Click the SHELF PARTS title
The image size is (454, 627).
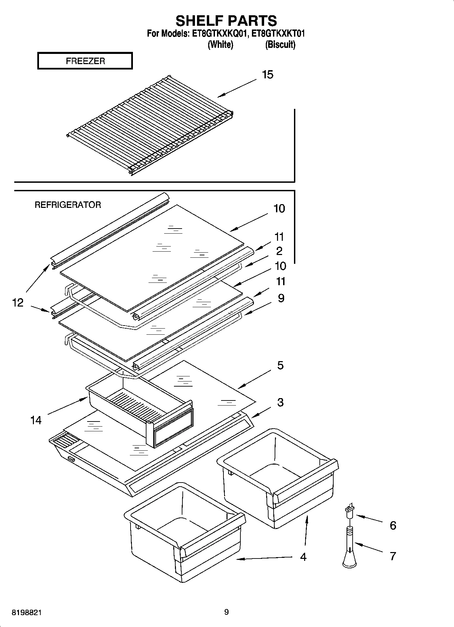pos(226,21)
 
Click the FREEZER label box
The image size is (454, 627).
pos(85,61)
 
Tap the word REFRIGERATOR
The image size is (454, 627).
pos(68,205)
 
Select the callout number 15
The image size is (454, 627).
pos(268,75)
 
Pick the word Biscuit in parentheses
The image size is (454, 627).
pos(280,44)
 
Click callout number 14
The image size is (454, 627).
pos(36,420)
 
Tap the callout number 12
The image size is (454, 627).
pos(18,302)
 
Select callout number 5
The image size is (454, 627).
pos(280,366)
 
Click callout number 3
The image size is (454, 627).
pos(280,403)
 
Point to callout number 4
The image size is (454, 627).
pos(303,556)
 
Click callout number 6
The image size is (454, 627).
pos(393,525)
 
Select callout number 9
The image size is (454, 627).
pos(281,298)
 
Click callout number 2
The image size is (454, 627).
pos(279,251)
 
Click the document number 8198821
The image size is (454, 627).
pos(27,613)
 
